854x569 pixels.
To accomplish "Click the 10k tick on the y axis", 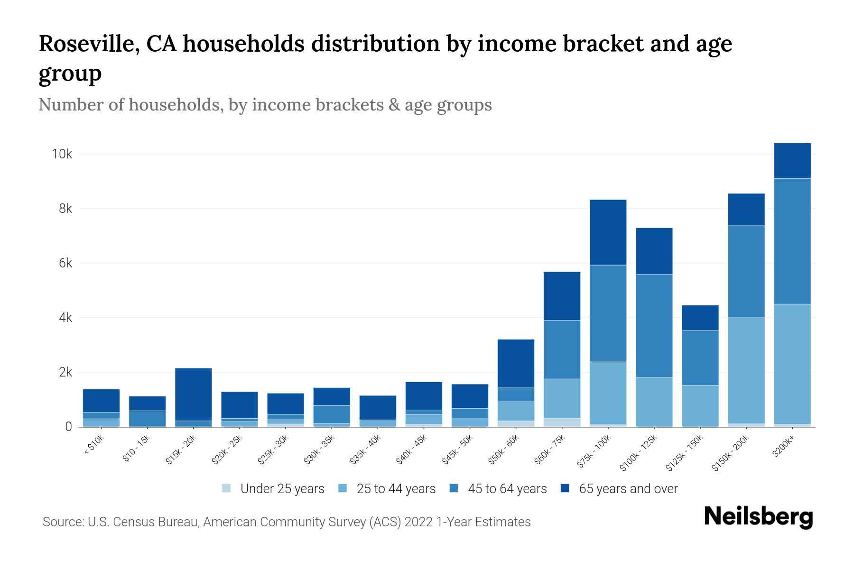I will (62, 154).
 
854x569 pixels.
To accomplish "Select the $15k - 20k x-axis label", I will (181, 450).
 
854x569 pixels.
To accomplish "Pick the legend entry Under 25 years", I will (282, 489).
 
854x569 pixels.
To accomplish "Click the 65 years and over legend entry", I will (628, 489).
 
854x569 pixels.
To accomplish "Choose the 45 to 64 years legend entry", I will (507, 489).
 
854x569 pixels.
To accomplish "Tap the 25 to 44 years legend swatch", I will (343, 488).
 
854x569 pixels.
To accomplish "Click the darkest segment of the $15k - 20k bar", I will (194, 394).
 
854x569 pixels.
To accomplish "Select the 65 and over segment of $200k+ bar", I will (792, 161).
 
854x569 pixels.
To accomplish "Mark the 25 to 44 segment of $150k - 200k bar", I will (746, 370).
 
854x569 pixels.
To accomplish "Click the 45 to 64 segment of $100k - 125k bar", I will (654, 326).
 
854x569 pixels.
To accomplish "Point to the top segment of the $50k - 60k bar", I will (516, 363).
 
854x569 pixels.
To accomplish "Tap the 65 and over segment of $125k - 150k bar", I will (700, 318).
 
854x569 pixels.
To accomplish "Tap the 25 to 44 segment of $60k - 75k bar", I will (562, 398).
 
